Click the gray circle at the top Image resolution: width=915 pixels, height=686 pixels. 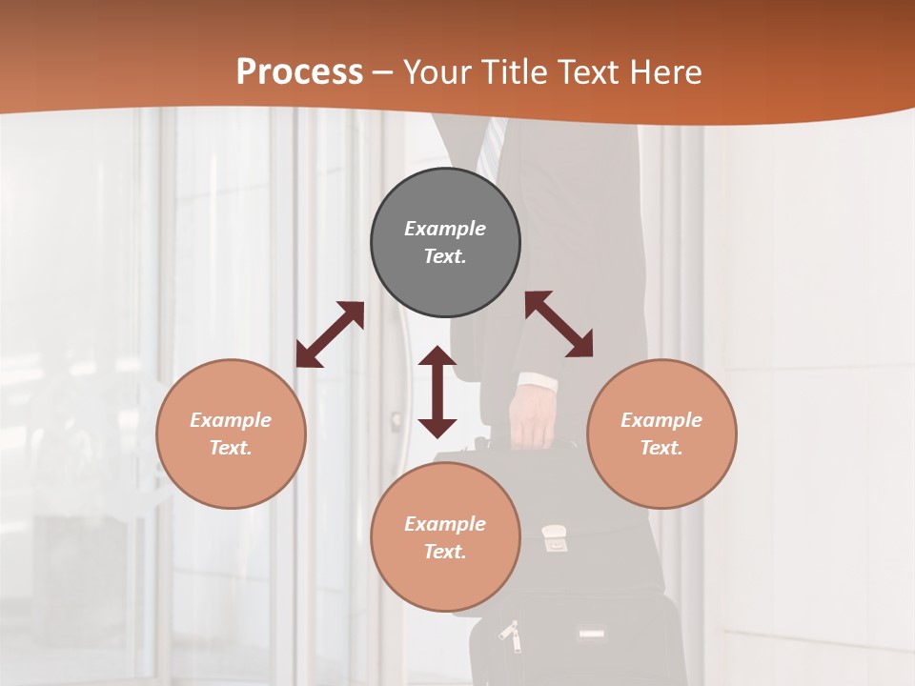(445, 243)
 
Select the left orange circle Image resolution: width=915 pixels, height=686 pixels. (231, 434)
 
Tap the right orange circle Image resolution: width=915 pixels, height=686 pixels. (661, 434)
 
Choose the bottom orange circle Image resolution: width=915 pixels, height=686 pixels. (445, 537)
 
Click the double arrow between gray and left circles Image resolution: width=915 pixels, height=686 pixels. (330, 334)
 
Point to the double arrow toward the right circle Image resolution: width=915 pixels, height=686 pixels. (559, 324)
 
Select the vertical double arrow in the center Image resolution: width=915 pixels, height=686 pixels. (437, 392)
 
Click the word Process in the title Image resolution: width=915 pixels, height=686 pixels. (299, 71)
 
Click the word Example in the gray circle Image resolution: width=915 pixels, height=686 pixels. (445, 229)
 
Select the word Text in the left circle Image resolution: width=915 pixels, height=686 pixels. (230, 448)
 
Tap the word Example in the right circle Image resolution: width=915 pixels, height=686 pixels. (661, 420)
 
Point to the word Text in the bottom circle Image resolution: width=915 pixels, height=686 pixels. (444, 552)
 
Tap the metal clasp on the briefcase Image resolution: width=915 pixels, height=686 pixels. (554, 539)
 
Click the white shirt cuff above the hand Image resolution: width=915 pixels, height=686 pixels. (536, 383)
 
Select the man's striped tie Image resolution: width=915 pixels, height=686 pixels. (490, 143)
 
